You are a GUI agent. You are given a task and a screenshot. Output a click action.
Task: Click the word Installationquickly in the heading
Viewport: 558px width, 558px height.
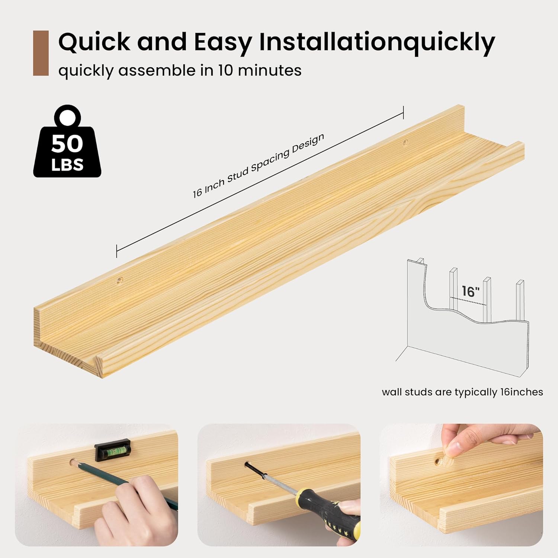(377, 42)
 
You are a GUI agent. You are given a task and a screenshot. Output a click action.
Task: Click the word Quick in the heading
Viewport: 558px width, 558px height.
(94, 42)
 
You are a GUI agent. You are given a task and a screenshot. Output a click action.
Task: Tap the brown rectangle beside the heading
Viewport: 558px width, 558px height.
(41, 53)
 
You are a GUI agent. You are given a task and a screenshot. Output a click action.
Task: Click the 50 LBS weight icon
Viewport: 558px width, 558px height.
(67, 141)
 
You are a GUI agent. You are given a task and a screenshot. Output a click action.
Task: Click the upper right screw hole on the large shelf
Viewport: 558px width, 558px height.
(405, 142)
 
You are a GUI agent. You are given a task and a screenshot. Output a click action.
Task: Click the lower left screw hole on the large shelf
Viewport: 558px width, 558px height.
(120, 281)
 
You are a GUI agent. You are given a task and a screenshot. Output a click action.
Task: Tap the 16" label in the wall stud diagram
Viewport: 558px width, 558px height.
(471, 291)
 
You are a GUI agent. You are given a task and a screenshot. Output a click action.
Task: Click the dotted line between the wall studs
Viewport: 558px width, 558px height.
(468, 301)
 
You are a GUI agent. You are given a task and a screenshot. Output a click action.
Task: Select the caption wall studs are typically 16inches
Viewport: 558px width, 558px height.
(462, 392)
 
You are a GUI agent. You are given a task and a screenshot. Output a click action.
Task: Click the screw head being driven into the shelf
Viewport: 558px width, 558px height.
(247, 465)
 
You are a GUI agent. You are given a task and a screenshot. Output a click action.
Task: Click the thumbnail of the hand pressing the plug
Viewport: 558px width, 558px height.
(461, 485)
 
